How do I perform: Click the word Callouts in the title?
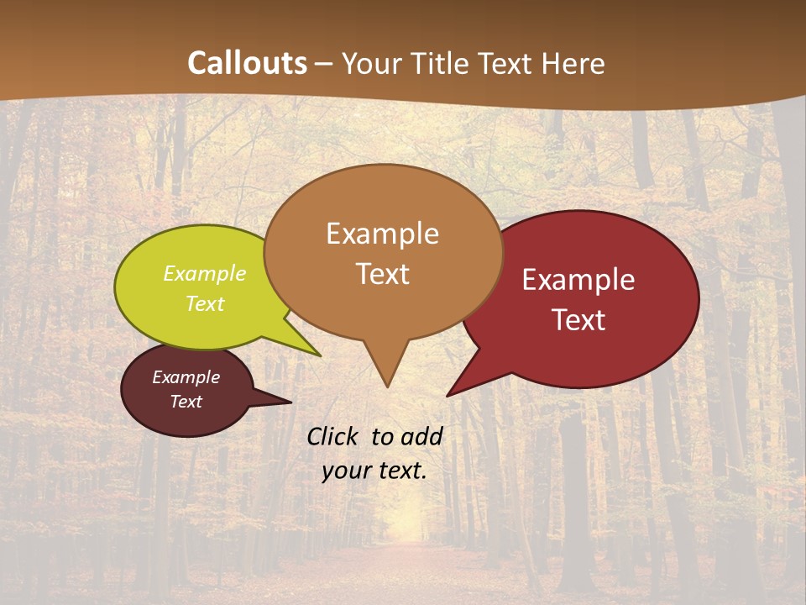(247, 63)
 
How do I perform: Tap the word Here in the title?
(573, 63)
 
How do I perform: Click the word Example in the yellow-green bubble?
(204, 273)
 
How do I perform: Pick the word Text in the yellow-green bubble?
(204, 303)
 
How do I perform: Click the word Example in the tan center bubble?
(382, 234)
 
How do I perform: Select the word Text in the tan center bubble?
(382, 274)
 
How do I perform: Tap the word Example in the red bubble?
(578, 280)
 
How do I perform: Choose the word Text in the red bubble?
(578, 320)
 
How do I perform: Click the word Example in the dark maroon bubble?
(186, 377)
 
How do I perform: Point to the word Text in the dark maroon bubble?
(186, 402)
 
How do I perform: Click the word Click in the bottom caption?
(333, 436)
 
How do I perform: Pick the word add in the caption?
(421, 436)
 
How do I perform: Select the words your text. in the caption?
(374, 471)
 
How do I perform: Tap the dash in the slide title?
(324, 64)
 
